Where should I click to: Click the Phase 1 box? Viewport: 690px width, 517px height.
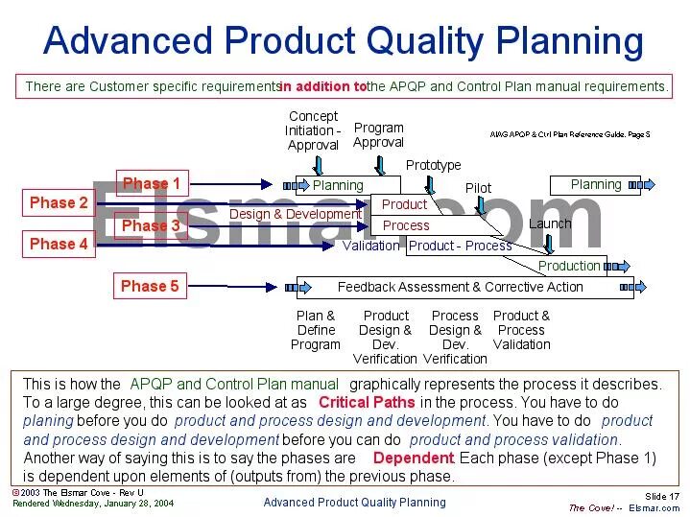(151, 183)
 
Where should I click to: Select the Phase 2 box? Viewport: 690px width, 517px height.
(59, 202)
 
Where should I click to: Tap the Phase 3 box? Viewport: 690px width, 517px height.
(151, 225)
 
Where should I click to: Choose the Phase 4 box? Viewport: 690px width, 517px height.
(59, 244)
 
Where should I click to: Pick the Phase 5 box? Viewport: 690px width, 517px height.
(150, 286)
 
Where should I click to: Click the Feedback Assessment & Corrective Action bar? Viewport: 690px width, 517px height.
(460, 287)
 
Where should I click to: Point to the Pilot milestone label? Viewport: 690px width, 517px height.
(478, 188)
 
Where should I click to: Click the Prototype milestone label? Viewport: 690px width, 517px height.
(433, 165)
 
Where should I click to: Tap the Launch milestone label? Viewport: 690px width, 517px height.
(549, 223)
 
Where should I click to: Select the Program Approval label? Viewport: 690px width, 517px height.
(378, 135)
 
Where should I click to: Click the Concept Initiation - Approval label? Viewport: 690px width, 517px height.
(313, 130)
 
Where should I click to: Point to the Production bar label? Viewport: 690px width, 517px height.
(569, 266)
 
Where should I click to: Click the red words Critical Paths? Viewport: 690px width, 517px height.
(367, 403)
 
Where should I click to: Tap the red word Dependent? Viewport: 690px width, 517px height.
(412, 458)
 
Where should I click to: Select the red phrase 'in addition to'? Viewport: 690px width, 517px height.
(322, 86)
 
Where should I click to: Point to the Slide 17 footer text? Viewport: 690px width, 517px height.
(662, 496)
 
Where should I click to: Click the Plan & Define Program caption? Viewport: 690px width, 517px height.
(316, 330)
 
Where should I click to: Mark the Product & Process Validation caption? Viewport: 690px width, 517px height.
(521, 330)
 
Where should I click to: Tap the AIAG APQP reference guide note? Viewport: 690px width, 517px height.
(569, 134)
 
